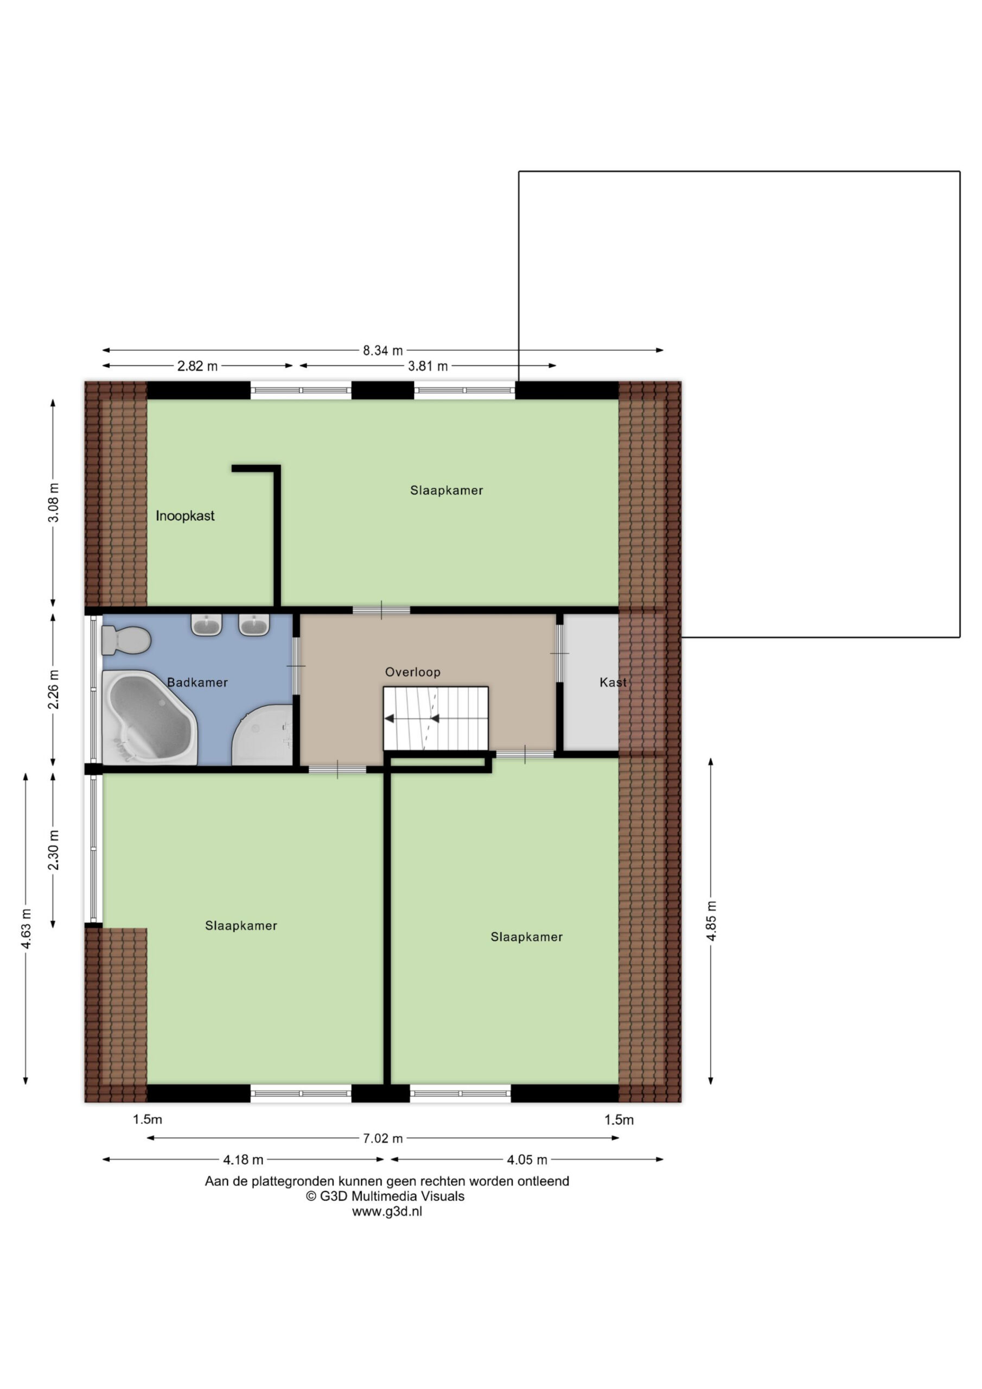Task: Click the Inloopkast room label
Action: pyautogui.click(x=185, y=516)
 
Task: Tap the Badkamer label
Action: pyautogui.click(x=197, y=683)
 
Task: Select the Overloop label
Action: pyautogui.click(x=413, y=672)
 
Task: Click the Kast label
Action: pyautogui.click(x=613, y=683)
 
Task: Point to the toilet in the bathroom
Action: pyautogui.click(x=125, y=640)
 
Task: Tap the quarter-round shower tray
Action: pyautogui.click(x=263, y=735)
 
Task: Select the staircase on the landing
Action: pyautogui.click(x=436, y=719)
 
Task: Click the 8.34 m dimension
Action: pyautogui.click(x=382, y=351)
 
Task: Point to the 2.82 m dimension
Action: pyautogui.click(x=197, y=366)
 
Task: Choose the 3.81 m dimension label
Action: pyautogui.click(x=428, y=366)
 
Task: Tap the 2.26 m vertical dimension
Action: pyautogui.click(x=54, y=690)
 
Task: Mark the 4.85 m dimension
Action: pyautogui.click(x=711, y=921)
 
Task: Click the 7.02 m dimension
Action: pyautogui.click(x=382, y=1138)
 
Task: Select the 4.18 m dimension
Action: pyautogui.click(x=243, y=1159)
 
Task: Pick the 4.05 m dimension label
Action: pyautogui.click(x=527, y=1159)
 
